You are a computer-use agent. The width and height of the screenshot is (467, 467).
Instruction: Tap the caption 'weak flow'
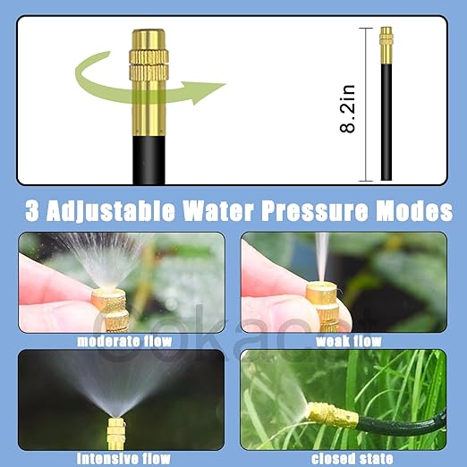point(349,341)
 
